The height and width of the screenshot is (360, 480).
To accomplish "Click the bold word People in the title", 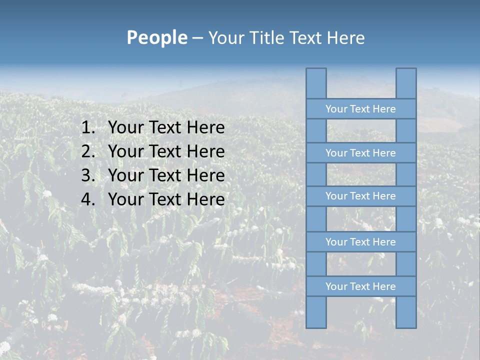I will click(x=156, y=37).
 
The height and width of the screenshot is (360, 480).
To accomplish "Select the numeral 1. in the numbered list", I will click(x=88, y=128).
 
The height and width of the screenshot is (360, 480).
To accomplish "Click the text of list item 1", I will click(x=166, y=128).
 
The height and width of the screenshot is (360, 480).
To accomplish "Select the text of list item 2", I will click(x=166, y=151).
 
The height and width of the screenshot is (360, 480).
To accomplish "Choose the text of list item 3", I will click(x=166, y=175).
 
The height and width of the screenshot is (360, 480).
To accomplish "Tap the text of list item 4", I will click(x=166, y=199).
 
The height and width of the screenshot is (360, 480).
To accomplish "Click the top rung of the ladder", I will click(x=360, y=109).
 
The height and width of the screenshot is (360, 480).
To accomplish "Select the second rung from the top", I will click(x=360, y=153).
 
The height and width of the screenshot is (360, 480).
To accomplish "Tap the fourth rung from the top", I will click(x=360, y=242).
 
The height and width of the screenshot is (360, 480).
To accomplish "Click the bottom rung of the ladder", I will click(x=360, y=286).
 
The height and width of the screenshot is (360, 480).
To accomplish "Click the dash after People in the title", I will click(x=197, y=38).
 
